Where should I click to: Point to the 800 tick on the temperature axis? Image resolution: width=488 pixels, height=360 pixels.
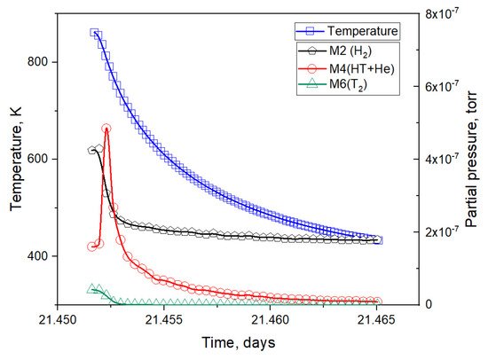(x=43, y=62)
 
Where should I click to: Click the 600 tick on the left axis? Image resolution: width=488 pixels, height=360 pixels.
(x=43, y=160)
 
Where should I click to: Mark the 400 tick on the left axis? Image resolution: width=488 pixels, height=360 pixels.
(x=43, y=256)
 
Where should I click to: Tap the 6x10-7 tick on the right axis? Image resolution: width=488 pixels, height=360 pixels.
(x=433, y=86)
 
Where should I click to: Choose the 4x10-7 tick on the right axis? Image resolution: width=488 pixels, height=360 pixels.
(x=433, y=159)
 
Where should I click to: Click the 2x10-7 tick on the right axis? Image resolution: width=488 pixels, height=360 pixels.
(x=433, y=231)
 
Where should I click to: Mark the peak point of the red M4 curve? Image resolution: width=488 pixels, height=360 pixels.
(x=106, y=129)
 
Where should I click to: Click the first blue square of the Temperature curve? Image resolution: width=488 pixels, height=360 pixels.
(x=95, y=33)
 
